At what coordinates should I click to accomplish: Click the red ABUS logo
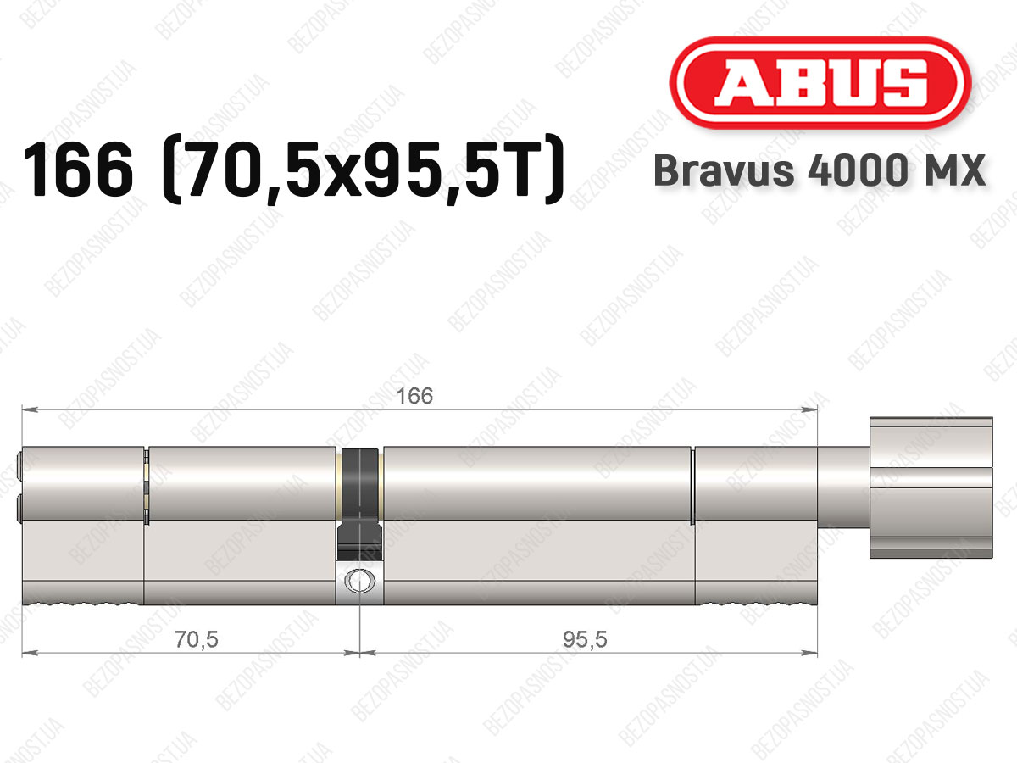coord(820,83)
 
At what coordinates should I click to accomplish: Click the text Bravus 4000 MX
coord(820,170)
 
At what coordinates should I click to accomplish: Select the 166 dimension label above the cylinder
coord(414,396)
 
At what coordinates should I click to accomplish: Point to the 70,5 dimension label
coord(197,640)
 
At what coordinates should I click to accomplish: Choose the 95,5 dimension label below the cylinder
coord(585,640)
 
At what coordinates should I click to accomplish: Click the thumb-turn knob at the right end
coord(931,487)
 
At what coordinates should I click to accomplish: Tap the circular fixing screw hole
coord(360,581)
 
